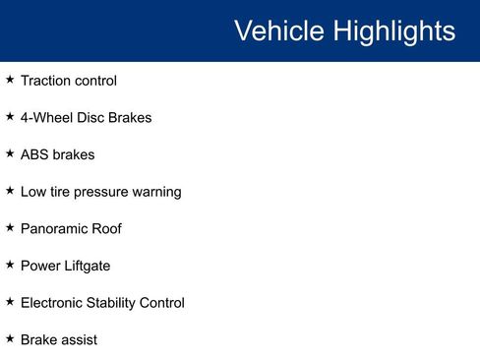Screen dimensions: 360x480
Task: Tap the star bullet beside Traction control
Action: click(10, 80)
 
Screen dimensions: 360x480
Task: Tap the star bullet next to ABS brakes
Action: click(10, 153)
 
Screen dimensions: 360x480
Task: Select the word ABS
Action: click(34, 154)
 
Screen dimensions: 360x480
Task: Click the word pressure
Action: click(107, 192)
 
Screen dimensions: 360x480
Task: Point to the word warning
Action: click(158, 192)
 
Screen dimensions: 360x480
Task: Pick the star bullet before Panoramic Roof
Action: click(10, 227)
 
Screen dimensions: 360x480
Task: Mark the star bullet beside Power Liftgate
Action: click(10, 265)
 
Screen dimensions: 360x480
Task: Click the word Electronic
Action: click(54, 302)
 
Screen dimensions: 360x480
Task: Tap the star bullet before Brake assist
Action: click(10, 338)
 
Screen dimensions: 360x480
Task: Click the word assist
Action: click(80, 339)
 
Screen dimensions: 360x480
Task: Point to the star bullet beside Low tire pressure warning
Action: click(10, 191)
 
